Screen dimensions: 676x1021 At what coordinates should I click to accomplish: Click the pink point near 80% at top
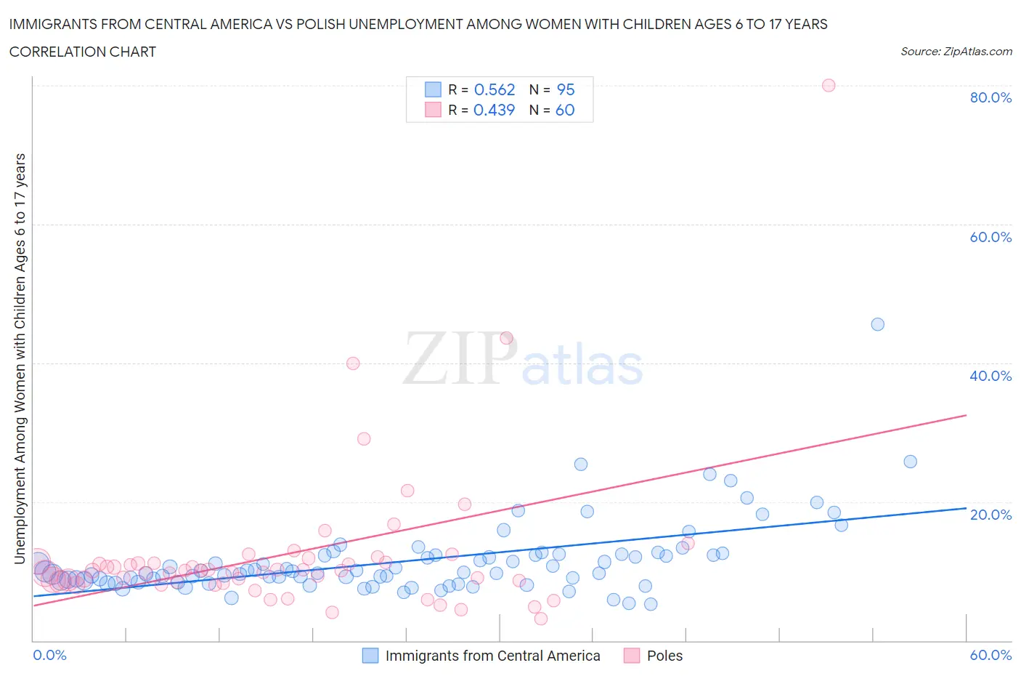point(828,85)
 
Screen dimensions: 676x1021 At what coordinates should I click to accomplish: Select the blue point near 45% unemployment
point(877,324)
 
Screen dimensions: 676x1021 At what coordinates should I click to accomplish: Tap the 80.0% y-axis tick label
point(991,97)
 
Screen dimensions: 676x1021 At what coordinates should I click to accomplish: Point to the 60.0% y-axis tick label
point(991,237)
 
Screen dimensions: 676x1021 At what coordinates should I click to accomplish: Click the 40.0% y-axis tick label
point(991,376)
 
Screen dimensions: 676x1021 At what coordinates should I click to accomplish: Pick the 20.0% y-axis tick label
point(991,515)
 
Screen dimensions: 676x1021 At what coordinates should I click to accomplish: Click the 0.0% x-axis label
point(49,655)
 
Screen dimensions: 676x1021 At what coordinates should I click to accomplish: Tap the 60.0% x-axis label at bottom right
point(991,655)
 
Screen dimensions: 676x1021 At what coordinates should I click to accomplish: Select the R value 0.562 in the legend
point(494,89)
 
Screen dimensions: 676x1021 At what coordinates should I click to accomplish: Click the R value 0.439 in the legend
point(494,110)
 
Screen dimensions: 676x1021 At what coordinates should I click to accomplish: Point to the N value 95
point(565,89)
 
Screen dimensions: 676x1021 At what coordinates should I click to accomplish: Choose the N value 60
point(565,110)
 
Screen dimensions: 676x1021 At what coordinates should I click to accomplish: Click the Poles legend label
point(664,656)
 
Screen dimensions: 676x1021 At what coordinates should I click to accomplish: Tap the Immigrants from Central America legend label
point(492,656)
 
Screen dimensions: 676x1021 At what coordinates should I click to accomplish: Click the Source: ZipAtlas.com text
point(956,51)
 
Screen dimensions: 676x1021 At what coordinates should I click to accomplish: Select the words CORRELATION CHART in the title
point(83,52)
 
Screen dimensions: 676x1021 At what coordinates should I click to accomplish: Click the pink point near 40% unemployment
point(353,363)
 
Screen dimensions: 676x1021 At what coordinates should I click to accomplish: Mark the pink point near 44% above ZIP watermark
point(506,338)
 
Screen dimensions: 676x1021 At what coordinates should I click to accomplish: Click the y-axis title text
point(20,358)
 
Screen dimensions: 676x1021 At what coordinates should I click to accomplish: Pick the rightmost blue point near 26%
point(910,462)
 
